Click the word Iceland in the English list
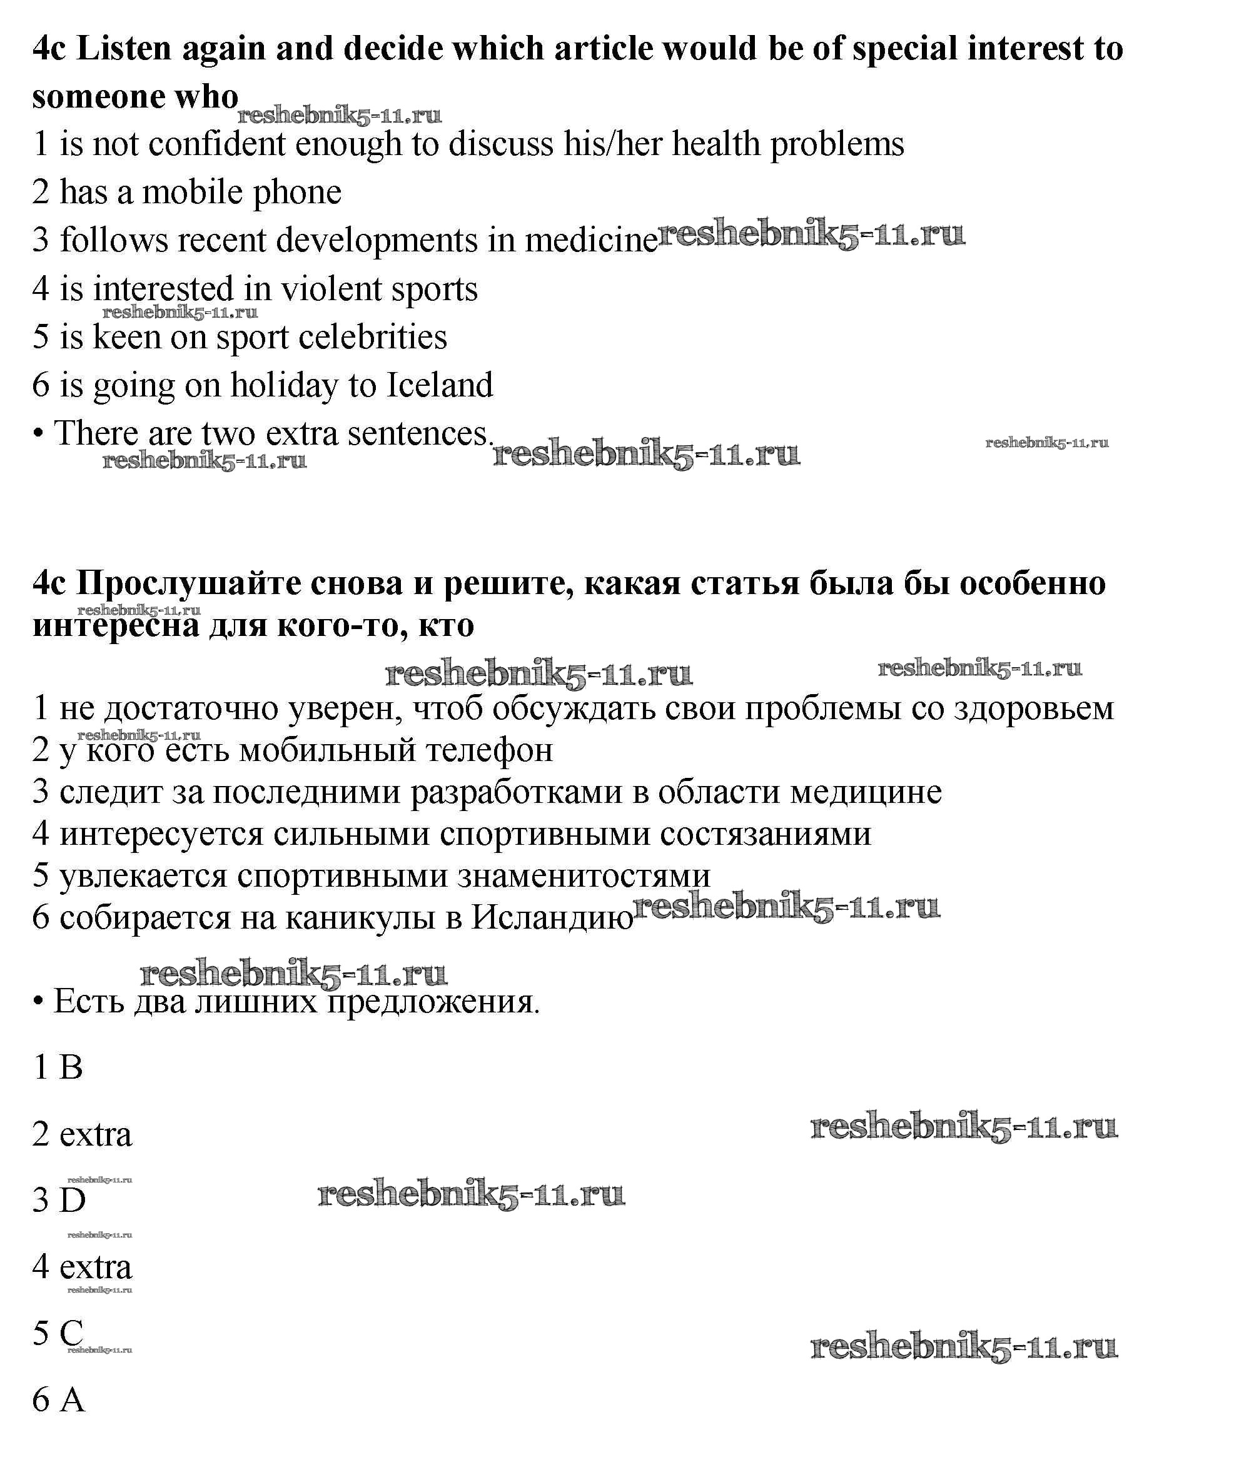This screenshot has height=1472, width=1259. (x=439, y=386)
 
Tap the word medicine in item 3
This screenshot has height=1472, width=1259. (x=591, y=240)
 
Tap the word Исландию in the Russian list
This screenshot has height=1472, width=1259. (x=552, y=918)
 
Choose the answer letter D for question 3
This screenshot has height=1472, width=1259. (x=72, y=1201)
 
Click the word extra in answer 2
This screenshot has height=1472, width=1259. (x=96, y=1134)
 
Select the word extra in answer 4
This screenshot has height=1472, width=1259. (x=96, y=1268)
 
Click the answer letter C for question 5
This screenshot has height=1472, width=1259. (x=71, y=1333)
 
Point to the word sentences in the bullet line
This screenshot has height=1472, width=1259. (x=418, y=434)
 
